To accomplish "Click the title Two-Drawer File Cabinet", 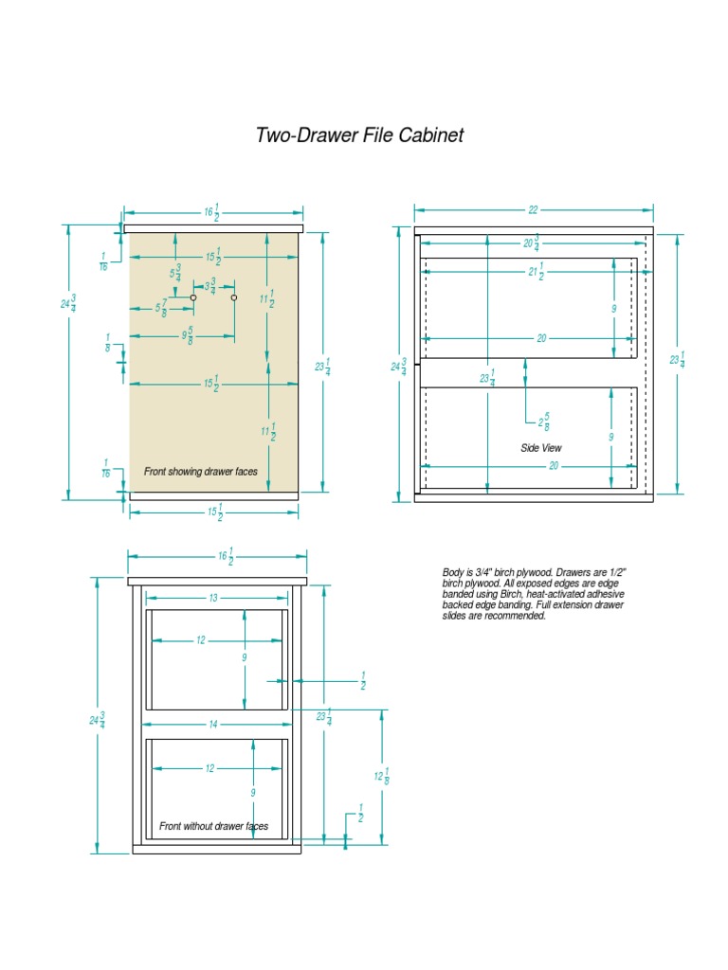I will pos(359,135).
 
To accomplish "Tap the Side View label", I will pos(541,447).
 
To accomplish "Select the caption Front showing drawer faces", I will pos(199,471).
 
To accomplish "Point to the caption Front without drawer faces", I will pos(213,826).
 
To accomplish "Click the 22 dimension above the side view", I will pos(533,210).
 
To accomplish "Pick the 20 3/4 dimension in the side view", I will pos(531,242).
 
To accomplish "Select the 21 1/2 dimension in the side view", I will pos(536,275).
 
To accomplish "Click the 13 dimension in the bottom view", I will pos(213,598).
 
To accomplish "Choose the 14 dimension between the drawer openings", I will pos(213,724).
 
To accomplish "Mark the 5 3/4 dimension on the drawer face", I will pos(176,275).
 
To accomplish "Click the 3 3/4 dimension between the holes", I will pos(210,285).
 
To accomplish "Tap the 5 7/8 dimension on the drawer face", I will pos(162,309).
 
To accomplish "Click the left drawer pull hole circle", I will pos(193,297).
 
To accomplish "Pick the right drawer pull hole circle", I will pos(233,297).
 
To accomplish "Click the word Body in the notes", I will pos(452,573).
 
